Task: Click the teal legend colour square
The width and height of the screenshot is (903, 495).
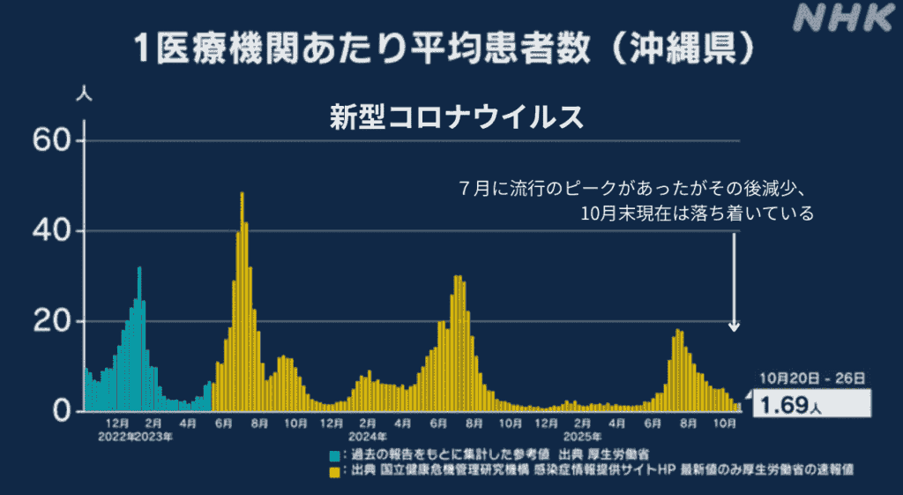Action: tap(335, 454)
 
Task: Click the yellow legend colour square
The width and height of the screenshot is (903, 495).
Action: tap(335, 472)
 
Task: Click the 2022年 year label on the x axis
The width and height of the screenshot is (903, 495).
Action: tap(116, 436)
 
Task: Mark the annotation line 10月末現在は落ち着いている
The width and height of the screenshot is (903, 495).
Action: tap(697, 213)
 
